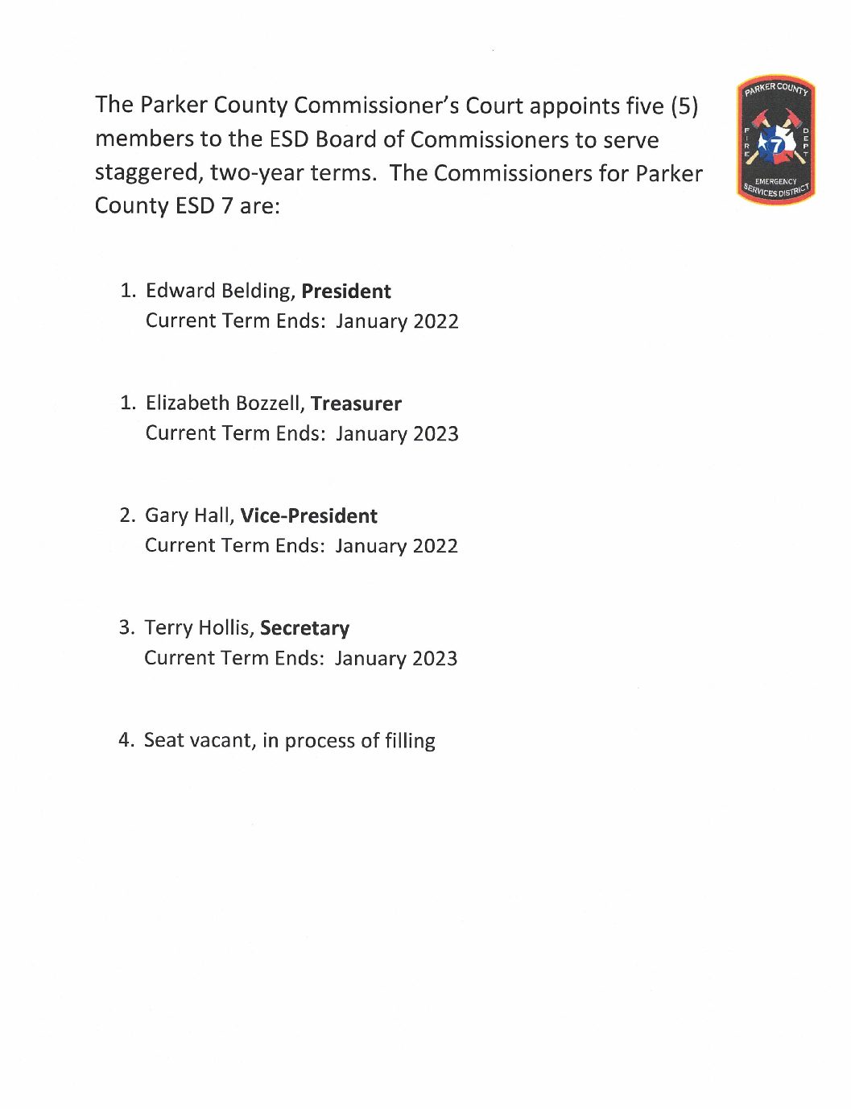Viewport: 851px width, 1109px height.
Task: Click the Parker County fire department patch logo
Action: pyautogui.click(x=775, y=141)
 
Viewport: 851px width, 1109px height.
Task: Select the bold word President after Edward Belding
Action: pyautogui.click(x=346, y=291)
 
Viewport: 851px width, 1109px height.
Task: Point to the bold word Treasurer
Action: pyautogui.click(x=356, y=403)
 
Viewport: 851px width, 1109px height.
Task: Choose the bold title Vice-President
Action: pyautogui.click(x=308, y=515)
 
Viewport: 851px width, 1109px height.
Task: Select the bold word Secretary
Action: pyautogui.click(x=304, y=628)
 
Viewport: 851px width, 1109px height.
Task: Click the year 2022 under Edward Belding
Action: pyautogui.click(x=436, y=321)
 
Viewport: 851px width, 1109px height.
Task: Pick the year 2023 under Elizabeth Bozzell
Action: pyautogui.click(x=436, y=434)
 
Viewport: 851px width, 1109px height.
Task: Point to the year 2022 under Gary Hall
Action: pyautogui.click(x=435, y=546)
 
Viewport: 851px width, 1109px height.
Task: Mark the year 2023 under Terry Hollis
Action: pyautogui.click(x=435, y=659)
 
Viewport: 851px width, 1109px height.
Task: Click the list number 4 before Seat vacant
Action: pyautogui.click(x=125, y=740)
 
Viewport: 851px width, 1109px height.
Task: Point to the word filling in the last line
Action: pyautogui.click(x=410, y=741)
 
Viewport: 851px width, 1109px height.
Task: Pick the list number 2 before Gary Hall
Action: pyautogui.click(x=126, y=515)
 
